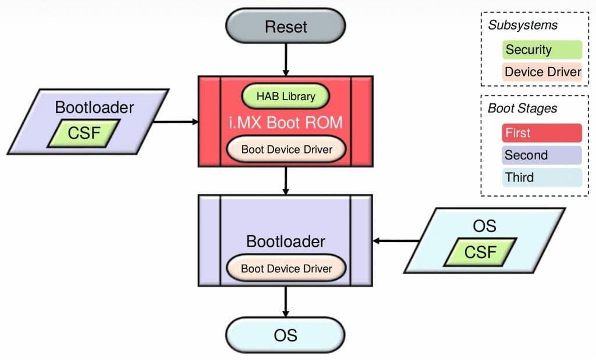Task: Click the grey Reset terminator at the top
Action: pos(286,26)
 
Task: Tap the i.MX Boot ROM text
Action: pos(285,123)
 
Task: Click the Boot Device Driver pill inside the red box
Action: pos(286,149)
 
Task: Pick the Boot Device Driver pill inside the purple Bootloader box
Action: pos(286,268)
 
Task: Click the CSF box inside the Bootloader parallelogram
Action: pos(84,134)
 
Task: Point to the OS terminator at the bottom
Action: pos(286,335)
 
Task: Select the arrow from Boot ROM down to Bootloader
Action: pos(286,181)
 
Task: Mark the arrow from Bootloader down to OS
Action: pos(286,302)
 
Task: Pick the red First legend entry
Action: pos(541,133)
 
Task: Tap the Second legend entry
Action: pos(541,155)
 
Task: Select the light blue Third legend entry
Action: pos(541,177)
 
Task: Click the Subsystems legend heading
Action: pos(522,25)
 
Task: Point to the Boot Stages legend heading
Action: pos(522,108)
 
